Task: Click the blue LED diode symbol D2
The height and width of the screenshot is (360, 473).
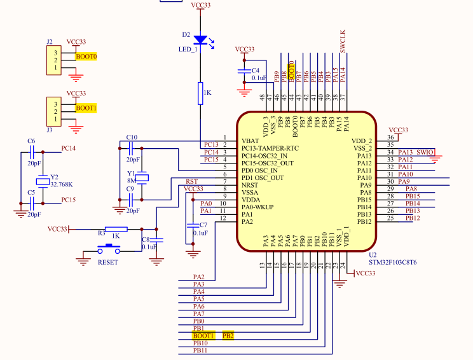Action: [200, 40]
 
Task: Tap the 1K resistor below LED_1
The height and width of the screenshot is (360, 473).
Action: [200, 93]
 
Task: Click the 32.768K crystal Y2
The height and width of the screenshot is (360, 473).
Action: [43, 182]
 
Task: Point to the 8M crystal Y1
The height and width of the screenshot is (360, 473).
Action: [142, 176]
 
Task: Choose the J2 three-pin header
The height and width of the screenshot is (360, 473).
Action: [55, 60]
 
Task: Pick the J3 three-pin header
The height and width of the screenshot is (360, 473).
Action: [55, 112]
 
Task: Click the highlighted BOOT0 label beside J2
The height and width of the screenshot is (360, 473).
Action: [86, 57]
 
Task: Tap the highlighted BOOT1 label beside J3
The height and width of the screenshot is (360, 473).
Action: [86, 108]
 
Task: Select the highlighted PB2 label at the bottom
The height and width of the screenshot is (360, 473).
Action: [228, 335]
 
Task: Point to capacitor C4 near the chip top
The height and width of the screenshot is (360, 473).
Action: [243, 72]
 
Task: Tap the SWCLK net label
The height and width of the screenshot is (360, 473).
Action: [343, 41]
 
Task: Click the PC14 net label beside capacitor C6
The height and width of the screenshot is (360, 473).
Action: [68, 148]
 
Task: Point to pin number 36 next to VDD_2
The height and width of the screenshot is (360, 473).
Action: [390, 138]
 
